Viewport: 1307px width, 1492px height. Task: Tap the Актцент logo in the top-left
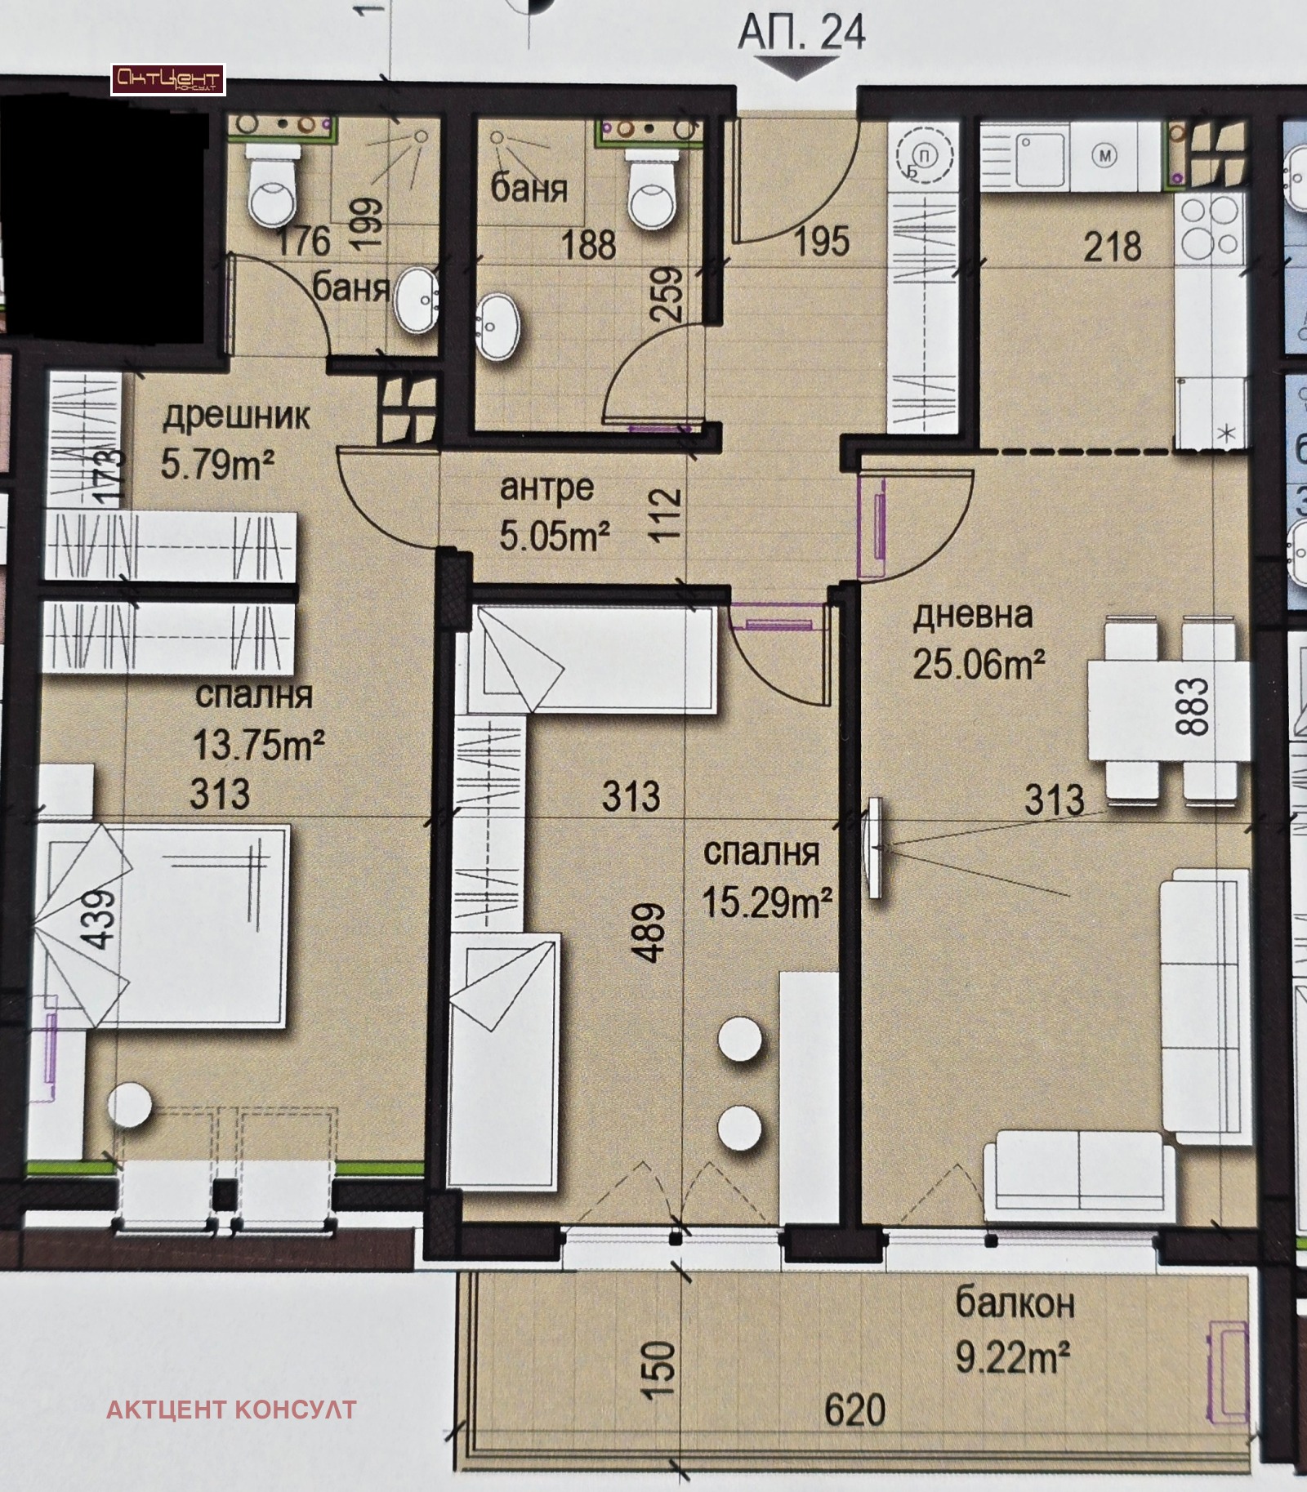[x=167, y=79]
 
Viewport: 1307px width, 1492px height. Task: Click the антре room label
[x=546, y=488]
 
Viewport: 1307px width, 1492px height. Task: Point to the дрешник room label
[x=236, y=417]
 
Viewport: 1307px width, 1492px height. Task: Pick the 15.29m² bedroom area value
[x=767, y=904]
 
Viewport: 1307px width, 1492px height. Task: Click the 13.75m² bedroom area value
[x=259, y=745]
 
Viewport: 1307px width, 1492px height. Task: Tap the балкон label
[x=1015, y=1304]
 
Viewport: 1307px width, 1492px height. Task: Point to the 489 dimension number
[x=652, y=933]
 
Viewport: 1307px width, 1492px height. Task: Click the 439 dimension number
[x=100, y=920]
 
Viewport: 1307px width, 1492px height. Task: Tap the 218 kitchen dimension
[x=1112, y=246]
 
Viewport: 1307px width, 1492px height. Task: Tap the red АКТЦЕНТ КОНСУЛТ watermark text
[x=231, y=1410]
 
